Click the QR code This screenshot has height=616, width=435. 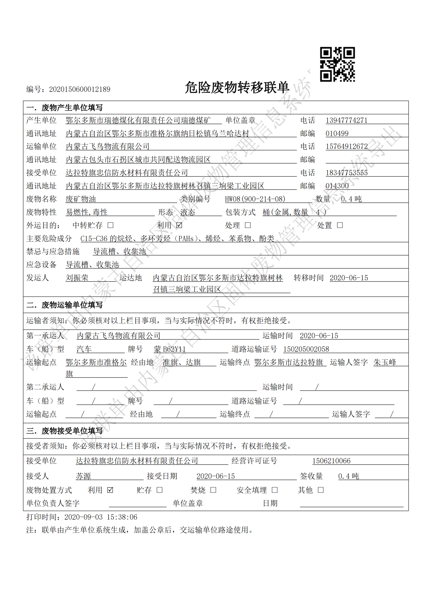pos(337,64)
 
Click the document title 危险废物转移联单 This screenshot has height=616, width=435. pos(237,88)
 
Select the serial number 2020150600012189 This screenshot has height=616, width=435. pos(79,89)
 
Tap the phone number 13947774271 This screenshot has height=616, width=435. pos(346,120)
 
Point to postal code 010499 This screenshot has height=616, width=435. pos(337,133)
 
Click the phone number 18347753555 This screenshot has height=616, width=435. pos(346,173)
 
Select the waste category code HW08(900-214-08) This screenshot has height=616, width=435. pos(255,199)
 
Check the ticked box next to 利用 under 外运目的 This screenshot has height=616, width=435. pos(179,225)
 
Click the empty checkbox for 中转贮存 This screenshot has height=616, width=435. pos(110,225)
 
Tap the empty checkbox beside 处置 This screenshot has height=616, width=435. pos(340,225)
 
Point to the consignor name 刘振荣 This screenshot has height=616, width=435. pos(77,278)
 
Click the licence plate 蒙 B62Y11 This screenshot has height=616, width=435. pos(170,349)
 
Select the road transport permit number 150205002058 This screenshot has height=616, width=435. pos(306,349)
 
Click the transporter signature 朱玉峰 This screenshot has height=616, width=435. pos(385,362)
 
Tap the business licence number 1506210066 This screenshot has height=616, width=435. pos(331,461)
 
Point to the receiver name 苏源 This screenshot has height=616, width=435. pos(83,476)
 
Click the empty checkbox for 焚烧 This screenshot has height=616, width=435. pos(213,490)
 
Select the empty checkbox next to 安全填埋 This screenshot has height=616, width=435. pos(275,490)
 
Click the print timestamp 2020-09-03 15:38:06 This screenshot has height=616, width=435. pos(101,517)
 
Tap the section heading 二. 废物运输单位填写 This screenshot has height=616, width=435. pos(64,305)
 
